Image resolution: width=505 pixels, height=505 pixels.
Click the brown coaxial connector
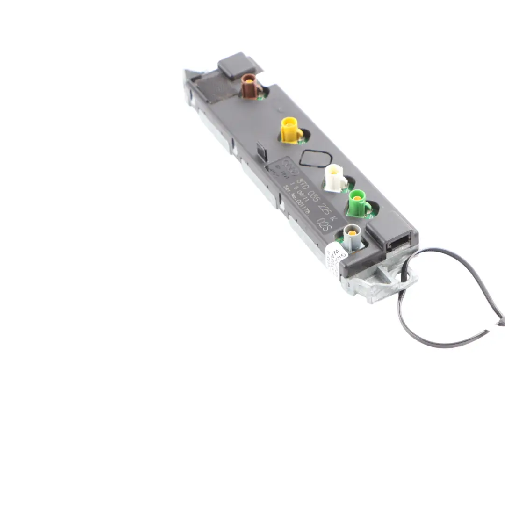click(250, 85)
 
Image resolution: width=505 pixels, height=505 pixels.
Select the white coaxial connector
click(335, 178)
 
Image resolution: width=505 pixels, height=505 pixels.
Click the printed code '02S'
click(324, 225)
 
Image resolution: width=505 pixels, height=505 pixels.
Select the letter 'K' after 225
click(332, 218)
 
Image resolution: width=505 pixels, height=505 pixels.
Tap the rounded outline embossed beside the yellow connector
click(316, 159)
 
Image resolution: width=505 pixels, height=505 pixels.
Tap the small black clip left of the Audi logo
click(261, 151)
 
